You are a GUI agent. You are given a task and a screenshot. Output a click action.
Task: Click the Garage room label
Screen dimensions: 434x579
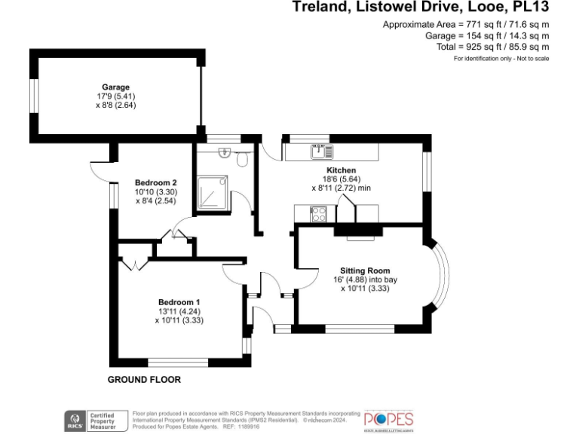click(x=116, y=87)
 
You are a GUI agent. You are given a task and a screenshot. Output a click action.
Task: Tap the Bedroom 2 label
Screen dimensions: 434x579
click(x=155, y=182)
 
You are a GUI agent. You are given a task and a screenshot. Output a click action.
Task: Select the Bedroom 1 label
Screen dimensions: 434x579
click(x=179, y=301)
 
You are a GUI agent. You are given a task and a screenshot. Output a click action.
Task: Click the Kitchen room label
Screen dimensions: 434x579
click(x=341, y=170)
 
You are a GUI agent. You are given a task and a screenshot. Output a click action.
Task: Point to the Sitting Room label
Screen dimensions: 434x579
click(x=365, y=270)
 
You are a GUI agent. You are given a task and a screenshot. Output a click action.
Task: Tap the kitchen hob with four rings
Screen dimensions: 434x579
click(x=318, y=214)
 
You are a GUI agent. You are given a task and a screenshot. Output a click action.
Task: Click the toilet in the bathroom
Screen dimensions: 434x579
click(x=241, y=160)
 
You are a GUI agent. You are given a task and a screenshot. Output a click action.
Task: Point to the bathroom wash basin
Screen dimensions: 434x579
click(x=224, y=153)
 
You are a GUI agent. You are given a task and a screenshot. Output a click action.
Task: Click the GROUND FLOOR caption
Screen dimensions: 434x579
click(x=144, y=380)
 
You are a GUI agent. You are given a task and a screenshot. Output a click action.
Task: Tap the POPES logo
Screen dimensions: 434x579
click(x=389, y=419)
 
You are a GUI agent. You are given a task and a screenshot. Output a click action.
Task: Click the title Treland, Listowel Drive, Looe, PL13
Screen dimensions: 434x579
click(x=420, y=8)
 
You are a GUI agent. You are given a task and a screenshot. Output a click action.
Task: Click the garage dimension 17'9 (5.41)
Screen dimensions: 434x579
click(x=116, y=96)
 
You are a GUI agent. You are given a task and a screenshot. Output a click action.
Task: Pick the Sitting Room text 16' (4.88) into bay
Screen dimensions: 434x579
click(x=365, y=280)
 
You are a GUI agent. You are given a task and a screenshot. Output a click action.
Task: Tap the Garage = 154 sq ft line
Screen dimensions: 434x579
click(x=487, y=35)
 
